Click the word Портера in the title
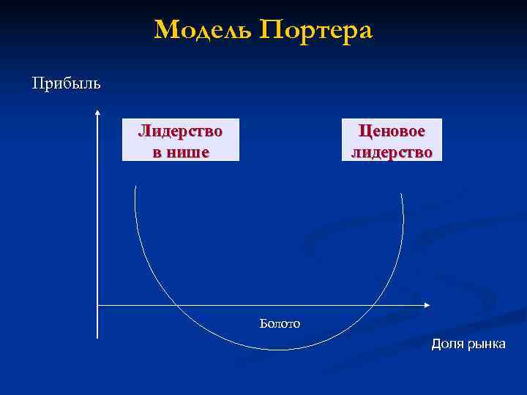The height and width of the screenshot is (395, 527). tap(317, 31)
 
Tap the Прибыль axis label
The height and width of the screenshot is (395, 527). tap(67, 82)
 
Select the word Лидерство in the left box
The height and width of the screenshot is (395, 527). tap(181, 132)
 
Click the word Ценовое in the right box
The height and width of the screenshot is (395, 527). tap(391, 132)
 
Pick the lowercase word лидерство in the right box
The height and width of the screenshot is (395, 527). tap(391, 152)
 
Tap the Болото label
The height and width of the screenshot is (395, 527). tap(280, 323)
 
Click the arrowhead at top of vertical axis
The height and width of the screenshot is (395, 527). tap(97, 113)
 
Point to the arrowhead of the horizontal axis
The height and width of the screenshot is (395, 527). tap(427, 304)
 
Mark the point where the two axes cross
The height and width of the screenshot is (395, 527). tap(97, 304)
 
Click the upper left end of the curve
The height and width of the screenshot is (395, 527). tap(135, 187)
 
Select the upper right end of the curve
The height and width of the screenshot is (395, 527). tap(402, 193)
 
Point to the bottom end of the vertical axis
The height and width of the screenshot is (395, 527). tap(97, 338)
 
